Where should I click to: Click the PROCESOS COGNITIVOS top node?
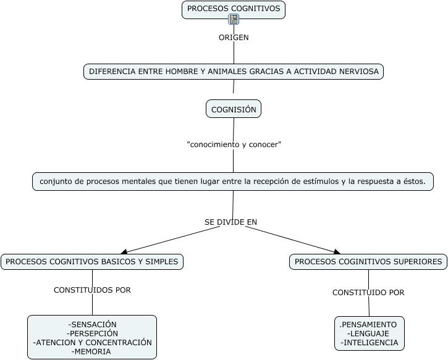pyautogui.click(x=234, y=9)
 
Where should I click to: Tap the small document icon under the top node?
pyautogui.click(x=234, y=19)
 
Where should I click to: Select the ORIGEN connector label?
pyautogui.click(x=234, y=38)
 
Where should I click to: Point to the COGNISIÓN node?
pyautogui.click(x=234, y=109)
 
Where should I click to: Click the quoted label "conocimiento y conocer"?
pyautogui.click(x=234, y=144)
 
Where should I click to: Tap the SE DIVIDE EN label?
pyautogui.click(x=230, y=222)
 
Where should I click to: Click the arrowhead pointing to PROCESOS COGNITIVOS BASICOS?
pyautogui.click(x=124, y=251)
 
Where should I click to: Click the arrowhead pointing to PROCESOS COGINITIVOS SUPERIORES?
pyautogui.click(x=337, y=251)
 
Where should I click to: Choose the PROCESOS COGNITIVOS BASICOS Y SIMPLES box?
pyautogui.click(x=92, y=262)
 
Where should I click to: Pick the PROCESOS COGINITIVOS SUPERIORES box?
pyautogui.click(x=368, y=262)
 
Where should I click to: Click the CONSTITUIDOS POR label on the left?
pyautogui.click(x=92, y=290)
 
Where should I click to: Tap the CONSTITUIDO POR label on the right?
pyautogui.click(x=368, y=293)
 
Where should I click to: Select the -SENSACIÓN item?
pyautogui.click(x=92, y=324)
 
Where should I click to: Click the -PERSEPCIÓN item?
pyautogui.click(x=92, y=333)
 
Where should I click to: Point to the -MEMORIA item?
pyautogui.click(x=92, y=351)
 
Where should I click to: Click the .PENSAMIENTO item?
pyautogui.click(x=368, y=324)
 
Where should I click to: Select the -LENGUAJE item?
pyautogui.click(x=368, y=333)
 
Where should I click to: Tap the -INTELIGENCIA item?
pyautogui.click(x=369, y=343)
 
